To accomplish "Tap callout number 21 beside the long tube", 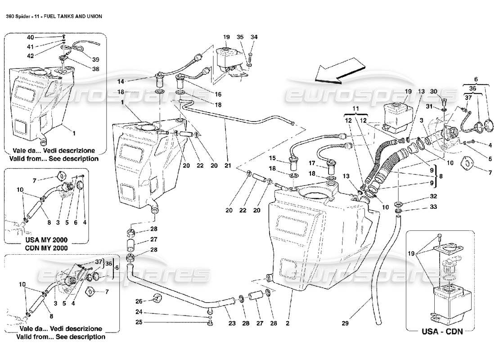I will point(228,166).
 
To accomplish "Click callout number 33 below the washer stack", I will point(421,207).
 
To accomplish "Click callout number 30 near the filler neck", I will point(433,90).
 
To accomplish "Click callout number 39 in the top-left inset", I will point(95,59).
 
